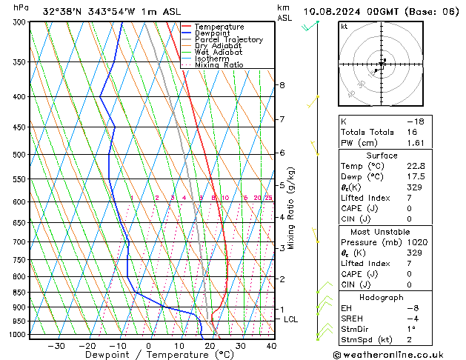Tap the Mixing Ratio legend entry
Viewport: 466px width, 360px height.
coord(219,65)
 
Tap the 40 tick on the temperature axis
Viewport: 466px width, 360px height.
coord(271,346)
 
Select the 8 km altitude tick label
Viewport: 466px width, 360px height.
coord(282,85)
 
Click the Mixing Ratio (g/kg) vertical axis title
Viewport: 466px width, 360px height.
coord(291,208)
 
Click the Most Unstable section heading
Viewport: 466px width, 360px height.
coord(382,232)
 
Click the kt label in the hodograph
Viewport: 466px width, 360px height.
coord(344,27)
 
